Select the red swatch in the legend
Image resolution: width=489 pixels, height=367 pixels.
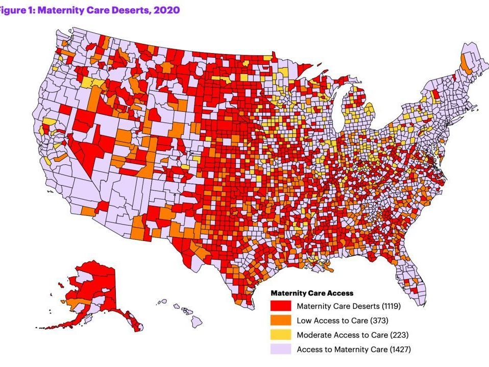280,306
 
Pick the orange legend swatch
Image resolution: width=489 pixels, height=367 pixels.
280,321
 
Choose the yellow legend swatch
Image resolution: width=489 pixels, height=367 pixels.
280,335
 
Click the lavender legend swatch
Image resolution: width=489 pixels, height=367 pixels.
280,349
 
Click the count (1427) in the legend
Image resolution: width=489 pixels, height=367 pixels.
399,349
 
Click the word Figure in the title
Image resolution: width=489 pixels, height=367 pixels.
13,10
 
